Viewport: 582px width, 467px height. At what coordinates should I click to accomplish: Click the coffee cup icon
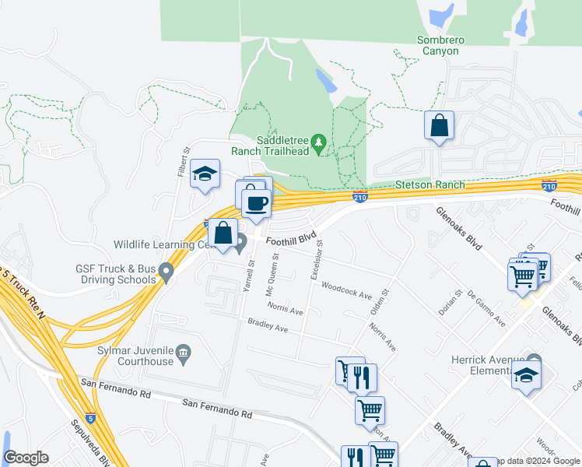point(256,204)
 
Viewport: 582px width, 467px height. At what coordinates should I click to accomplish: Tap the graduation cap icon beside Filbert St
point(205,174)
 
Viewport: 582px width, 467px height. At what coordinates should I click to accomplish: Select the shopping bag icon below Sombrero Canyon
point(439,125)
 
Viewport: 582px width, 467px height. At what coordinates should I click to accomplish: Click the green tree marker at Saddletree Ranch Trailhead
point(317,142)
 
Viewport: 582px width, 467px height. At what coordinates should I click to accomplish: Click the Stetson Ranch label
point(430,184)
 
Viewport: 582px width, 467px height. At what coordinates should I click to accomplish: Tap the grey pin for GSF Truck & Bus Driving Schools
point(165,272)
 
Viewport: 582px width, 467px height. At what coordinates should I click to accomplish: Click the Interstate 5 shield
point(91,418)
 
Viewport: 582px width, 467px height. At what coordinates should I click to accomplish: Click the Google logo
point(26,458)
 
